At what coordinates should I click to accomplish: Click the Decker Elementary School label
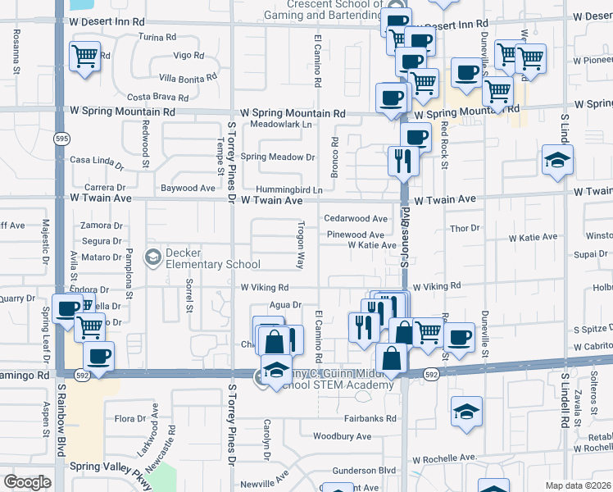[x=211, y=258]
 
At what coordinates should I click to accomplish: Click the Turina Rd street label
[x=157, y=37]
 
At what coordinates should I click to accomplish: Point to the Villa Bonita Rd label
[x=188, y=78]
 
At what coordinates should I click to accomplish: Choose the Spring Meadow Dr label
[x=278, y=157]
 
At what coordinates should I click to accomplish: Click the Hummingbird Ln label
[x=288, y=189]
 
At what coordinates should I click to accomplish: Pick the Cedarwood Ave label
[x=355, y=219]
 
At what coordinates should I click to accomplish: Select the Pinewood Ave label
[x=356, y=235]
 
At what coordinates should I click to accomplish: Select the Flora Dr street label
[x=130, y=419]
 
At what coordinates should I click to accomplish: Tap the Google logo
[x=27, y=481]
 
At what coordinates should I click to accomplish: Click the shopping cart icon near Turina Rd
[x=85, y=57]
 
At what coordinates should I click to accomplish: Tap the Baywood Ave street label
[x=188, y=188]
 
